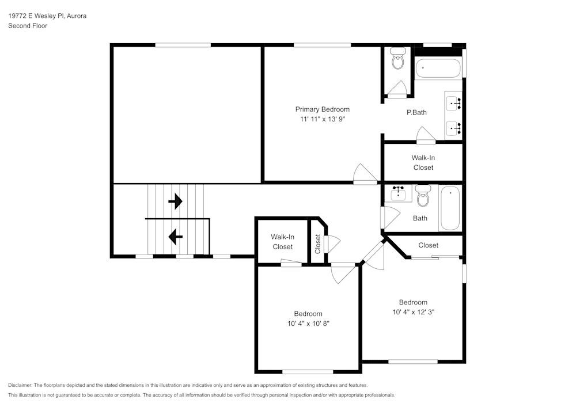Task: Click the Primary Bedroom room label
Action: click(322, 109)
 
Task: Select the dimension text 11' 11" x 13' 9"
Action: click(322, 119)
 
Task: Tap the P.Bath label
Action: click(416, 112)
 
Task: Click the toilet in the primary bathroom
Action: click(397, 58)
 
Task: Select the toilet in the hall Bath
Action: click(423, 195)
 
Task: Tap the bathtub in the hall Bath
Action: click(450, 208)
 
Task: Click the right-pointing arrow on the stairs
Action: click(175, 201)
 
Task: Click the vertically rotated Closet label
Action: click(317, 244)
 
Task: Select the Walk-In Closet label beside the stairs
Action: click(282, 242)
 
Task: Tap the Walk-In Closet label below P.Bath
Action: click(423, 162)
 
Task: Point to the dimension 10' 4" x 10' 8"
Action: click(308, 324)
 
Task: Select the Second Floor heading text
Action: click(28, 26)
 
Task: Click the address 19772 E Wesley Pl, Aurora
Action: click(47, 16)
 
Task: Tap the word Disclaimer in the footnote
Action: click(21, 385)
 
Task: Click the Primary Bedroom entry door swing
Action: click(365, 174)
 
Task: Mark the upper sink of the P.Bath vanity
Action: click(454, 104)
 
